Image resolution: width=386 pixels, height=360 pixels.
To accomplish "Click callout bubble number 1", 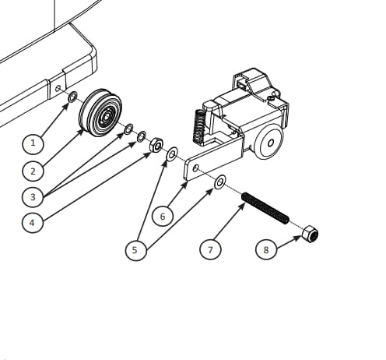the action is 33,143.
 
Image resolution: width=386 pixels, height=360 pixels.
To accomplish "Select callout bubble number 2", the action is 33,171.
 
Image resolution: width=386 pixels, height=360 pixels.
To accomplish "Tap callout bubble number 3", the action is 33,197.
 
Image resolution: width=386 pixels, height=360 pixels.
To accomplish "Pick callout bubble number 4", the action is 32,223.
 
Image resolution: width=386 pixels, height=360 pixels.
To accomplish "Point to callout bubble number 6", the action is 163,216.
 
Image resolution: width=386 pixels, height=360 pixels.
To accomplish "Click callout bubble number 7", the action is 210,249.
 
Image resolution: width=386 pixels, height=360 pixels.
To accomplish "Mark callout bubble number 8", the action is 266,249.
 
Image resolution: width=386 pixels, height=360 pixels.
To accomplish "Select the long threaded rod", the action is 265,208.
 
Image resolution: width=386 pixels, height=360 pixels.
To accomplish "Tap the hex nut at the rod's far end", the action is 311,234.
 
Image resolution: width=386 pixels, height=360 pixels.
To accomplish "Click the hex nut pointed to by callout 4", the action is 156,145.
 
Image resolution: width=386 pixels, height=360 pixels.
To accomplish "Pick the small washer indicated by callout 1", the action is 72,97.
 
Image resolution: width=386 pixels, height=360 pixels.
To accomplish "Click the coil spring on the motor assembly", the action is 199,126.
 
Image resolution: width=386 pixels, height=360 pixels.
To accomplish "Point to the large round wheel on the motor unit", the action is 268,143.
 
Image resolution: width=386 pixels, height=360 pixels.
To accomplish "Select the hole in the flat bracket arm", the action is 196,168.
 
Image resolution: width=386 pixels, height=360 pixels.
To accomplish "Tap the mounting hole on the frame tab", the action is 58,89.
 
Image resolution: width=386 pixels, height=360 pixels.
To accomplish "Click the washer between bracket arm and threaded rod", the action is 219,182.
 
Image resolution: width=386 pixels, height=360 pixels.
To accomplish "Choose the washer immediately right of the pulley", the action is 128,129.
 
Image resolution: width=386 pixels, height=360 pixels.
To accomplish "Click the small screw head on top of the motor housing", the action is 271,98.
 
